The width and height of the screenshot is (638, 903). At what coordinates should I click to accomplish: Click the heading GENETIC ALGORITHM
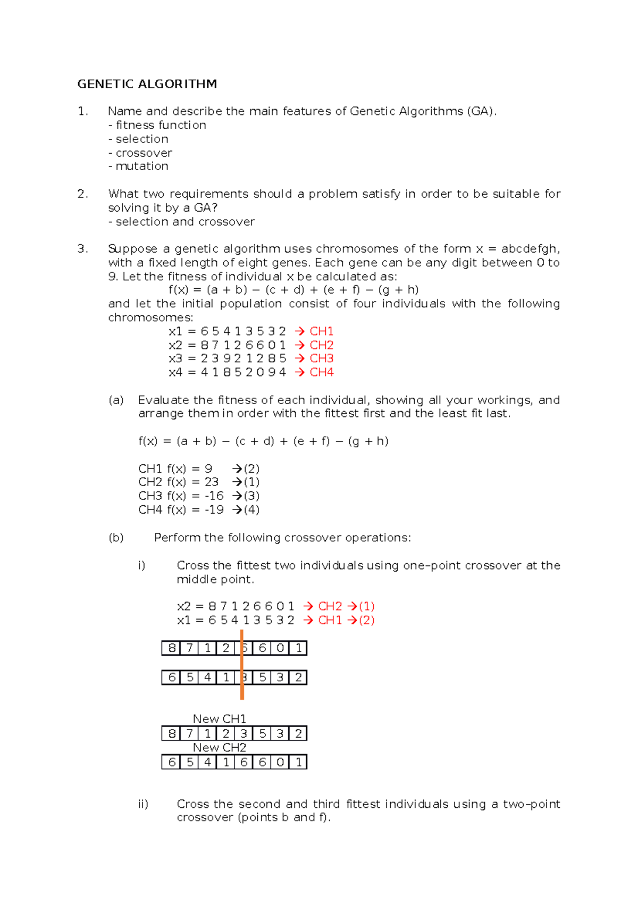tap(147, 84)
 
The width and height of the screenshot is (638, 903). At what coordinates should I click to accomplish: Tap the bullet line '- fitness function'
tap(157, 125)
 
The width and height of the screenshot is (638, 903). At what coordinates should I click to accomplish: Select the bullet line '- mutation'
tap(138, 166)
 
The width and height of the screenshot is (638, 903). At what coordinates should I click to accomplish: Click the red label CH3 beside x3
tap(322, 358)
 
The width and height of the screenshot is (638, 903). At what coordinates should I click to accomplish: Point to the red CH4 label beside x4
tap(322, 372)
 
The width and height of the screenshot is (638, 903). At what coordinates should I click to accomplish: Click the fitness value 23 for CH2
tap(212, 482)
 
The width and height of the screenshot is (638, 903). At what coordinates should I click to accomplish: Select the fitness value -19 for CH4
tap(214, 509)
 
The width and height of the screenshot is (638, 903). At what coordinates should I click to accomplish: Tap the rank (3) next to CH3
tap(251, 496)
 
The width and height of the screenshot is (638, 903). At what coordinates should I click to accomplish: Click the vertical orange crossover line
tap(242, 664)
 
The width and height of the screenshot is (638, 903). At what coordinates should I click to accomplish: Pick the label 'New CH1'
tap(219, 719)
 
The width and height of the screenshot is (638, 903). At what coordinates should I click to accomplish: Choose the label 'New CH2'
tap(219, 748)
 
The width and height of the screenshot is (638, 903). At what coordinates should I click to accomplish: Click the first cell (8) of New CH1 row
tap(171, 734)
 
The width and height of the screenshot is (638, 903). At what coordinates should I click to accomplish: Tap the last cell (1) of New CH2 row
tap(299, 762)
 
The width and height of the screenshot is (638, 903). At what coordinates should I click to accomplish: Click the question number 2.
tap(82, 194)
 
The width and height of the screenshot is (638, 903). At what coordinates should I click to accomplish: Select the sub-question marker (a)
tap(116, 400)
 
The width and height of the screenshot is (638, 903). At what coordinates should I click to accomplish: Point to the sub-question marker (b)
tap(116, 538)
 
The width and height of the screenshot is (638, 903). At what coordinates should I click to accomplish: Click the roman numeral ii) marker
tap(143, 804)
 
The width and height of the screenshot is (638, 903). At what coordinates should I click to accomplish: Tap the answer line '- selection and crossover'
tap(181, 221)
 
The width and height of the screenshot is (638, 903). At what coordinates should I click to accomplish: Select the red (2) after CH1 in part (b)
tap(367, 620)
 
